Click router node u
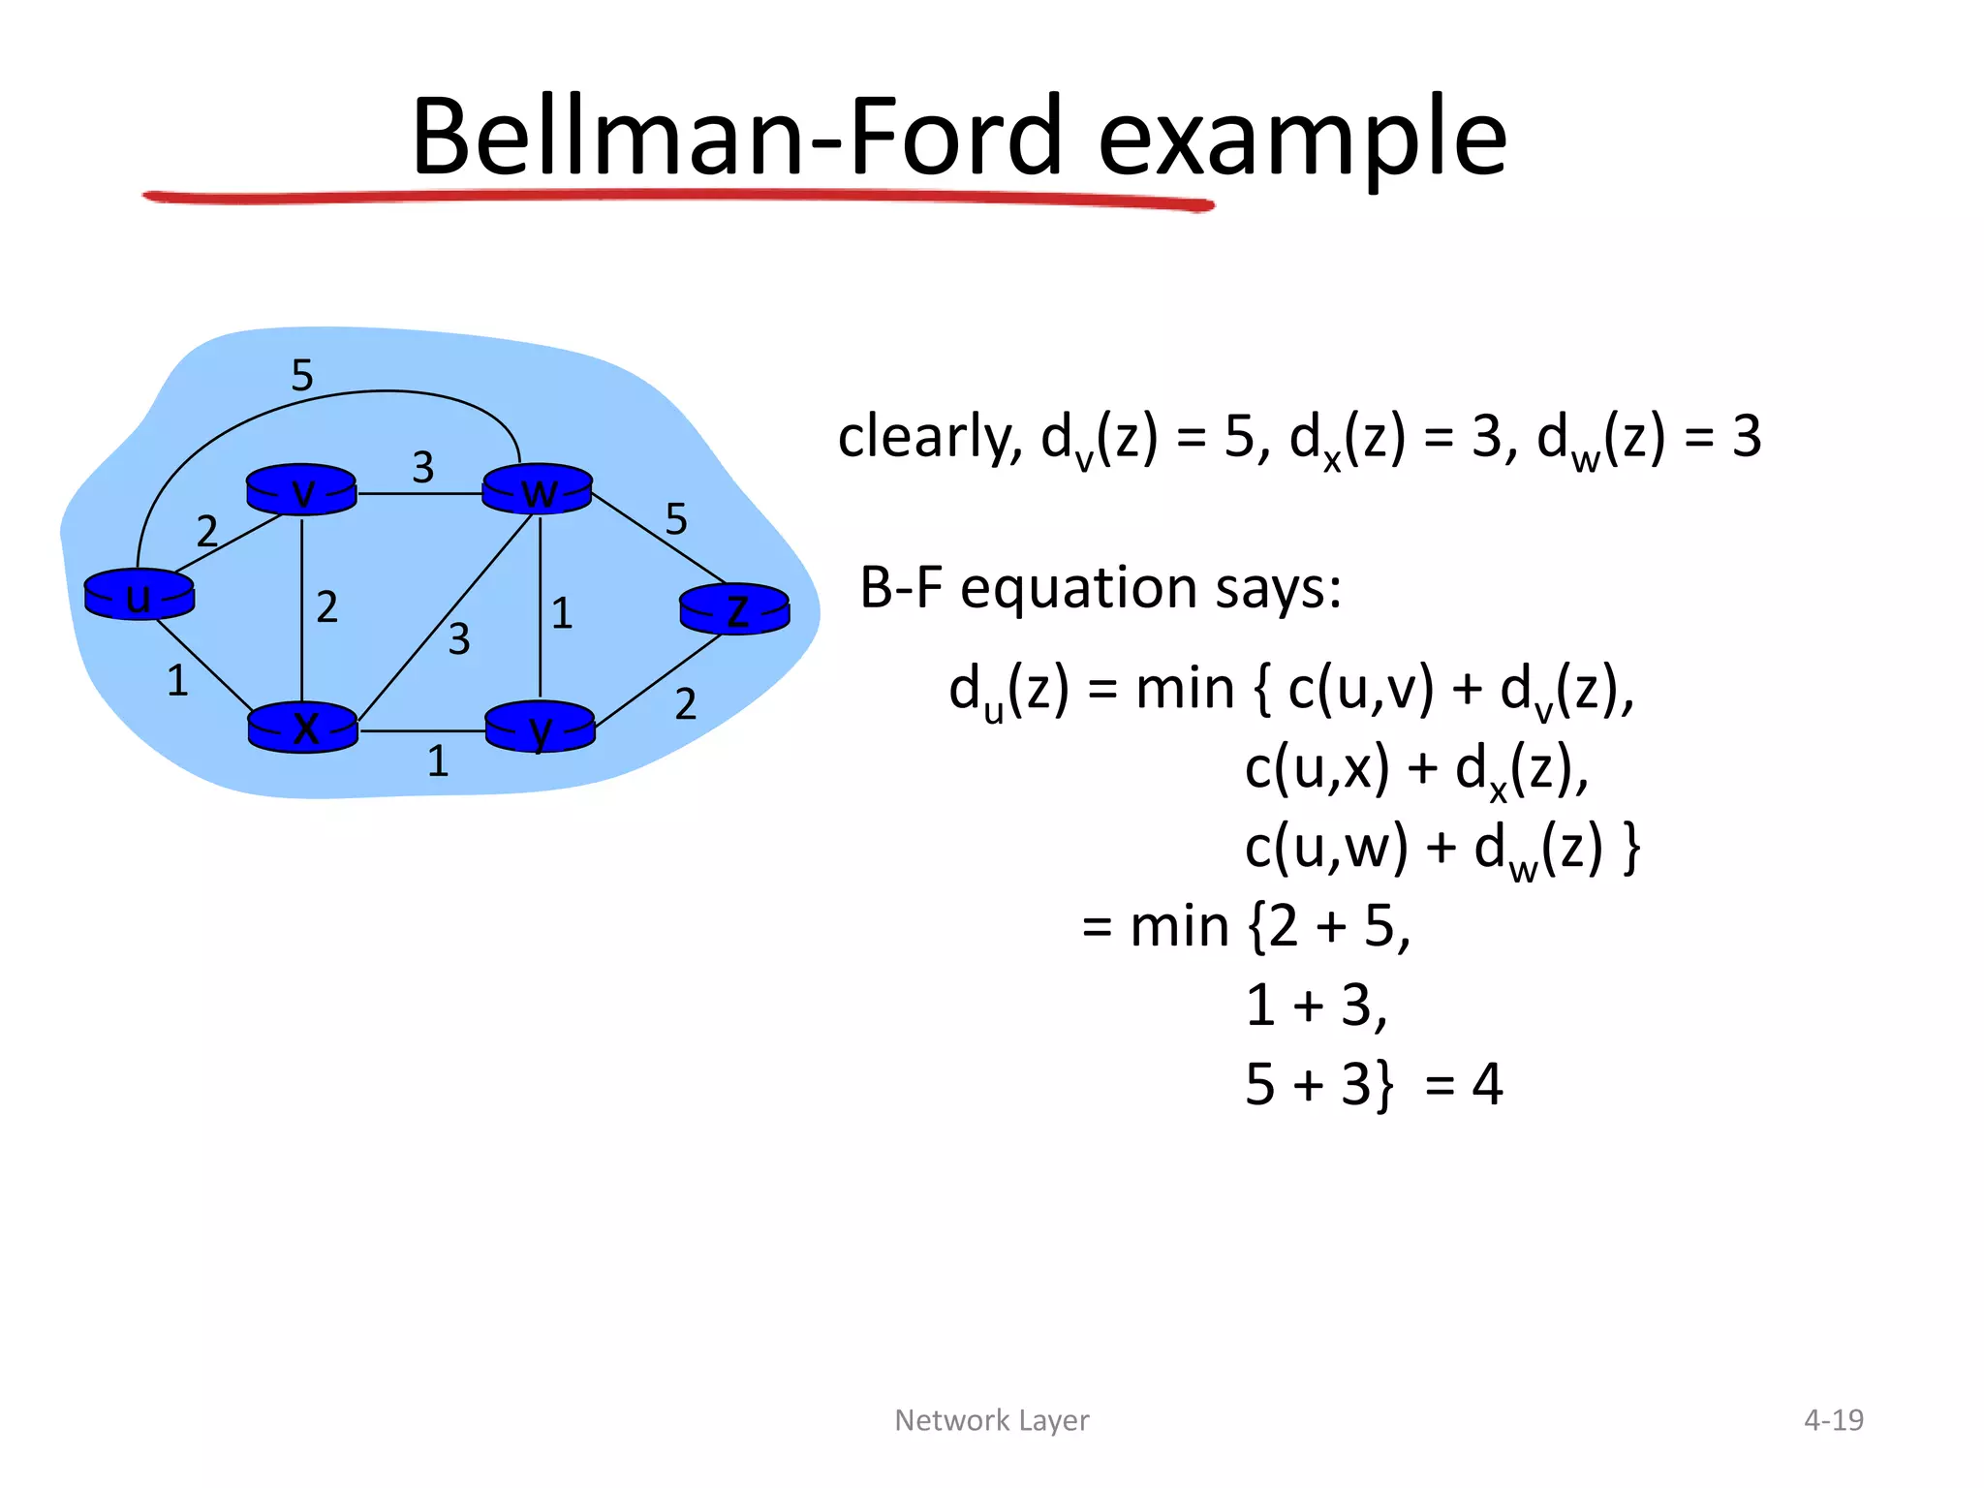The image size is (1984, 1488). point(139,594)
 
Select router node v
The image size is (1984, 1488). point(301,489)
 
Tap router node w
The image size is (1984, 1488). point(538,489)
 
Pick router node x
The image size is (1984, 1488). point(303,727)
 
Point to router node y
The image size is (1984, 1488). point(540,727)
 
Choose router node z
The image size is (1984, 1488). point(734,608)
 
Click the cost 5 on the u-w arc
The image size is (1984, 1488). point(302,375)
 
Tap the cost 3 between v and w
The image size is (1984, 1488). point(422,468)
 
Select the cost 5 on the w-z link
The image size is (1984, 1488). point(676,519)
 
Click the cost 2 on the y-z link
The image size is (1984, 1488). point(686,704)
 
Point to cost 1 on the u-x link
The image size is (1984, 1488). point(177,681)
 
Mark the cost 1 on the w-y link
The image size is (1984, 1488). point(562,613)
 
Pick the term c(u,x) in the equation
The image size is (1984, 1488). point(1317,768)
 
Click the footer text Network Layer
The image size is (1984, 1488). point(991,1420)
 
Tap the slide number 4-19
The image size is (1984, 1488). point(1833,1420)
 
